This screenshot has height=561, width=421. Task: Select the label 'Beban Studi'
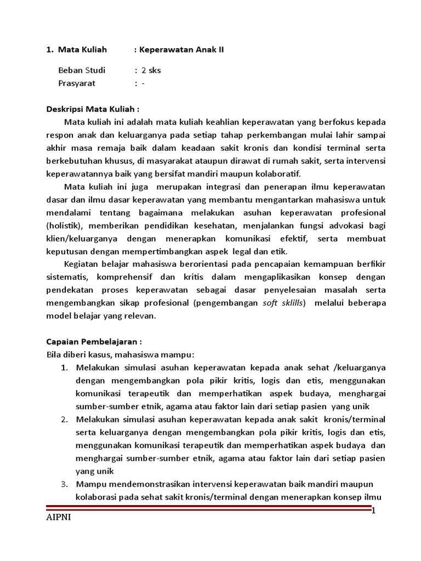tap(82, 70)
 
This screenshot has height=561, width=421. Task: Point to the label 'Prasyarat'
tap(77, 83)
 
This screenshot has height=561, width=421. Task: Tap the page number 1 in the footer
tap(373, 511)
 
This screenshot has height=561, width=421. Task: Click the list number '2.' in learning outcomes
tap(64, 419)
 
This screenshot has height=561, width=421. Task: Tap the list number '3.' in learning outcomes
tap(64, 484)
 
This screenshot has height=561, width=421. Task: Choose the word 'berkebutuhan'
tap(71, 161)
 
